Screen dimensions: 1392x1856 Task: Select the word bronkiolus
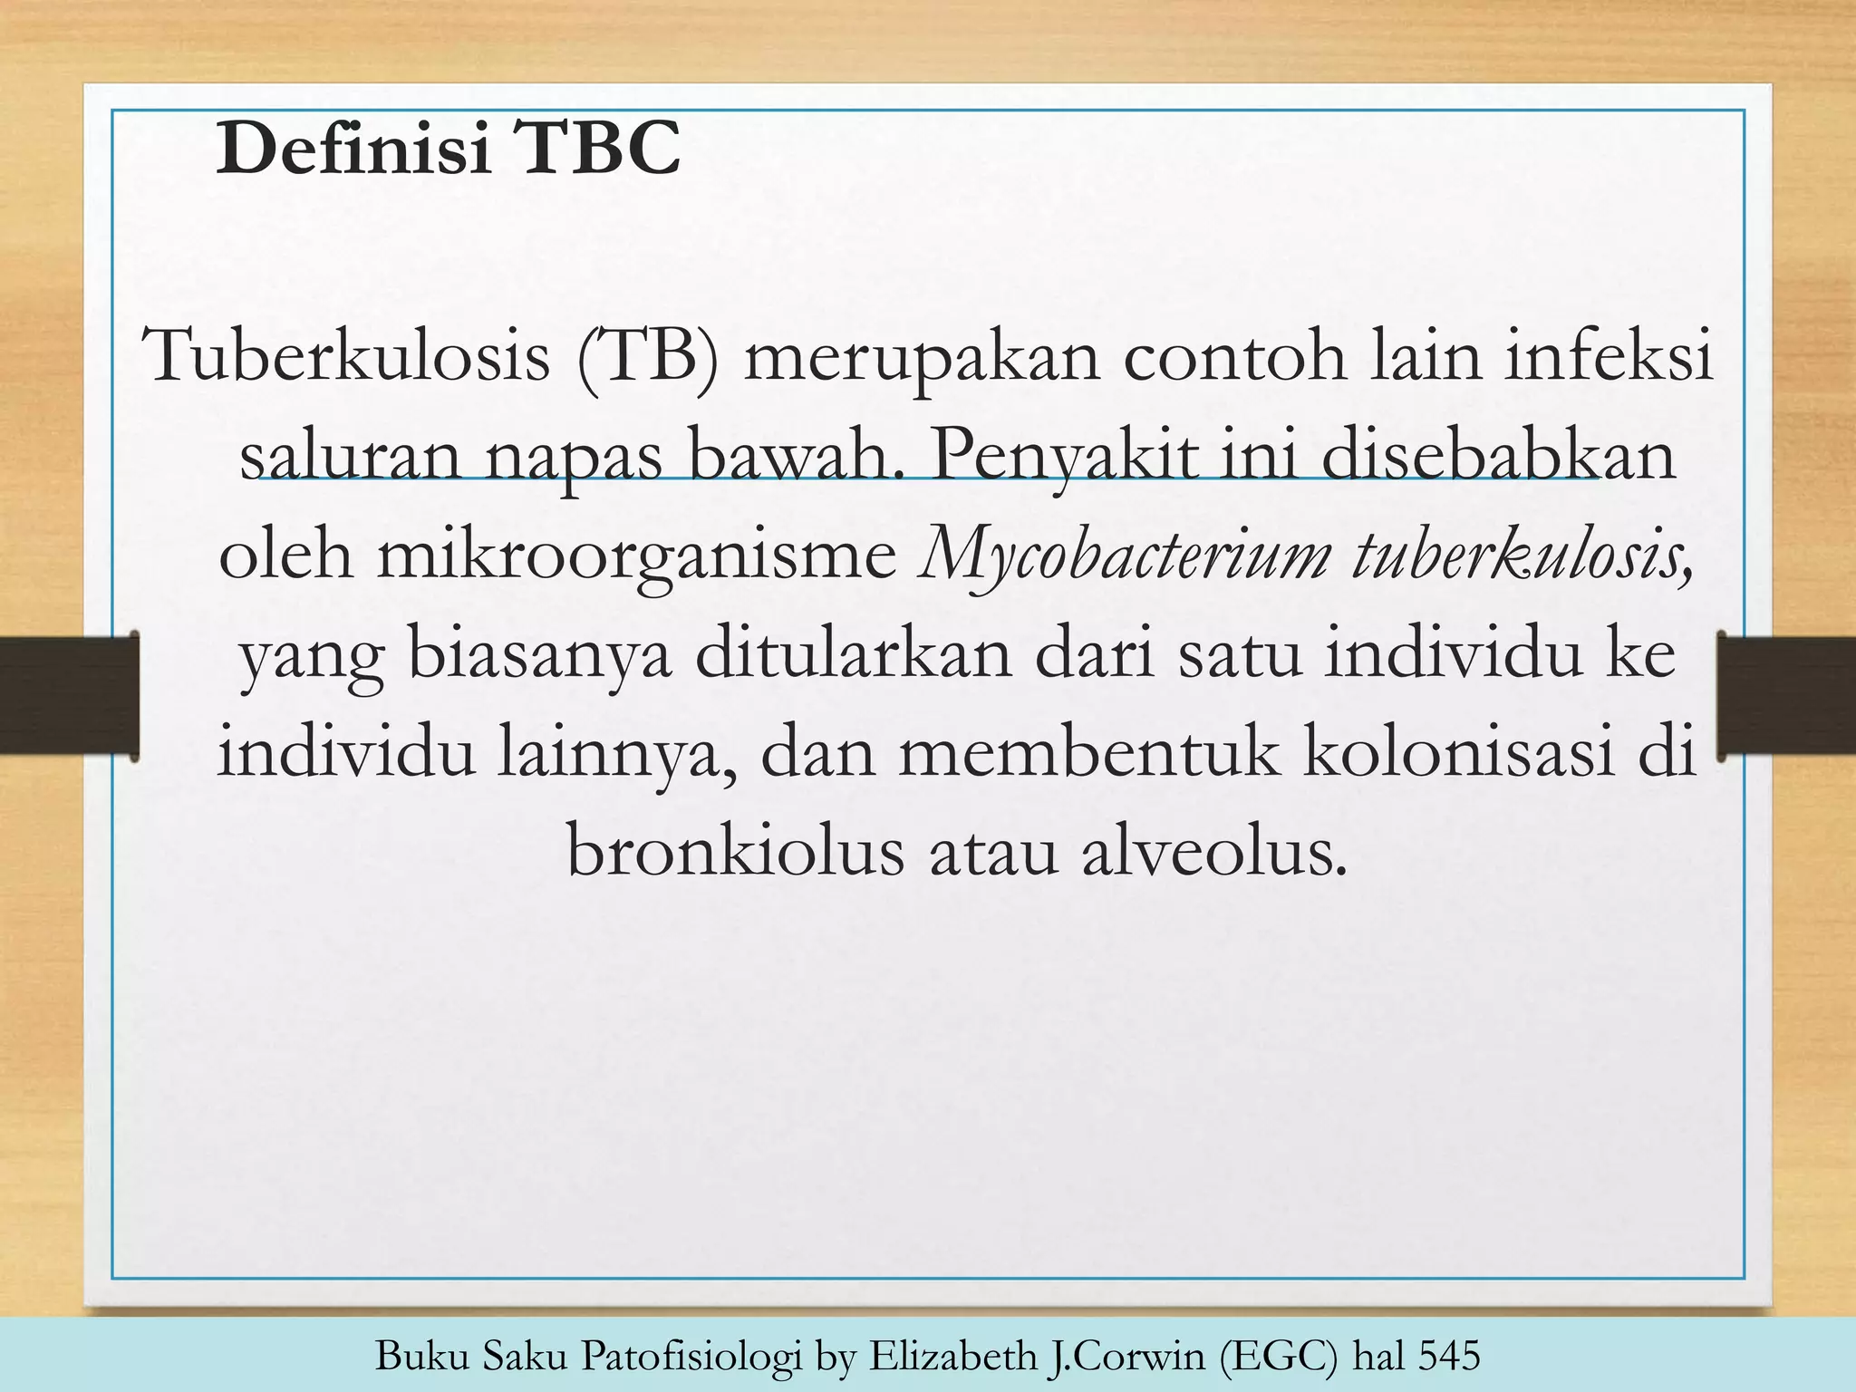[x=735, y=853]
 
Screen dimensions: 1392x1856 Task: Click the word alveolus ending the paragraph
[x=1213, y=853]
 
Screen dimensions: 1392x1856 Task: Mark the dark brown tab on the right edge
[x=1785, y=695]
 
